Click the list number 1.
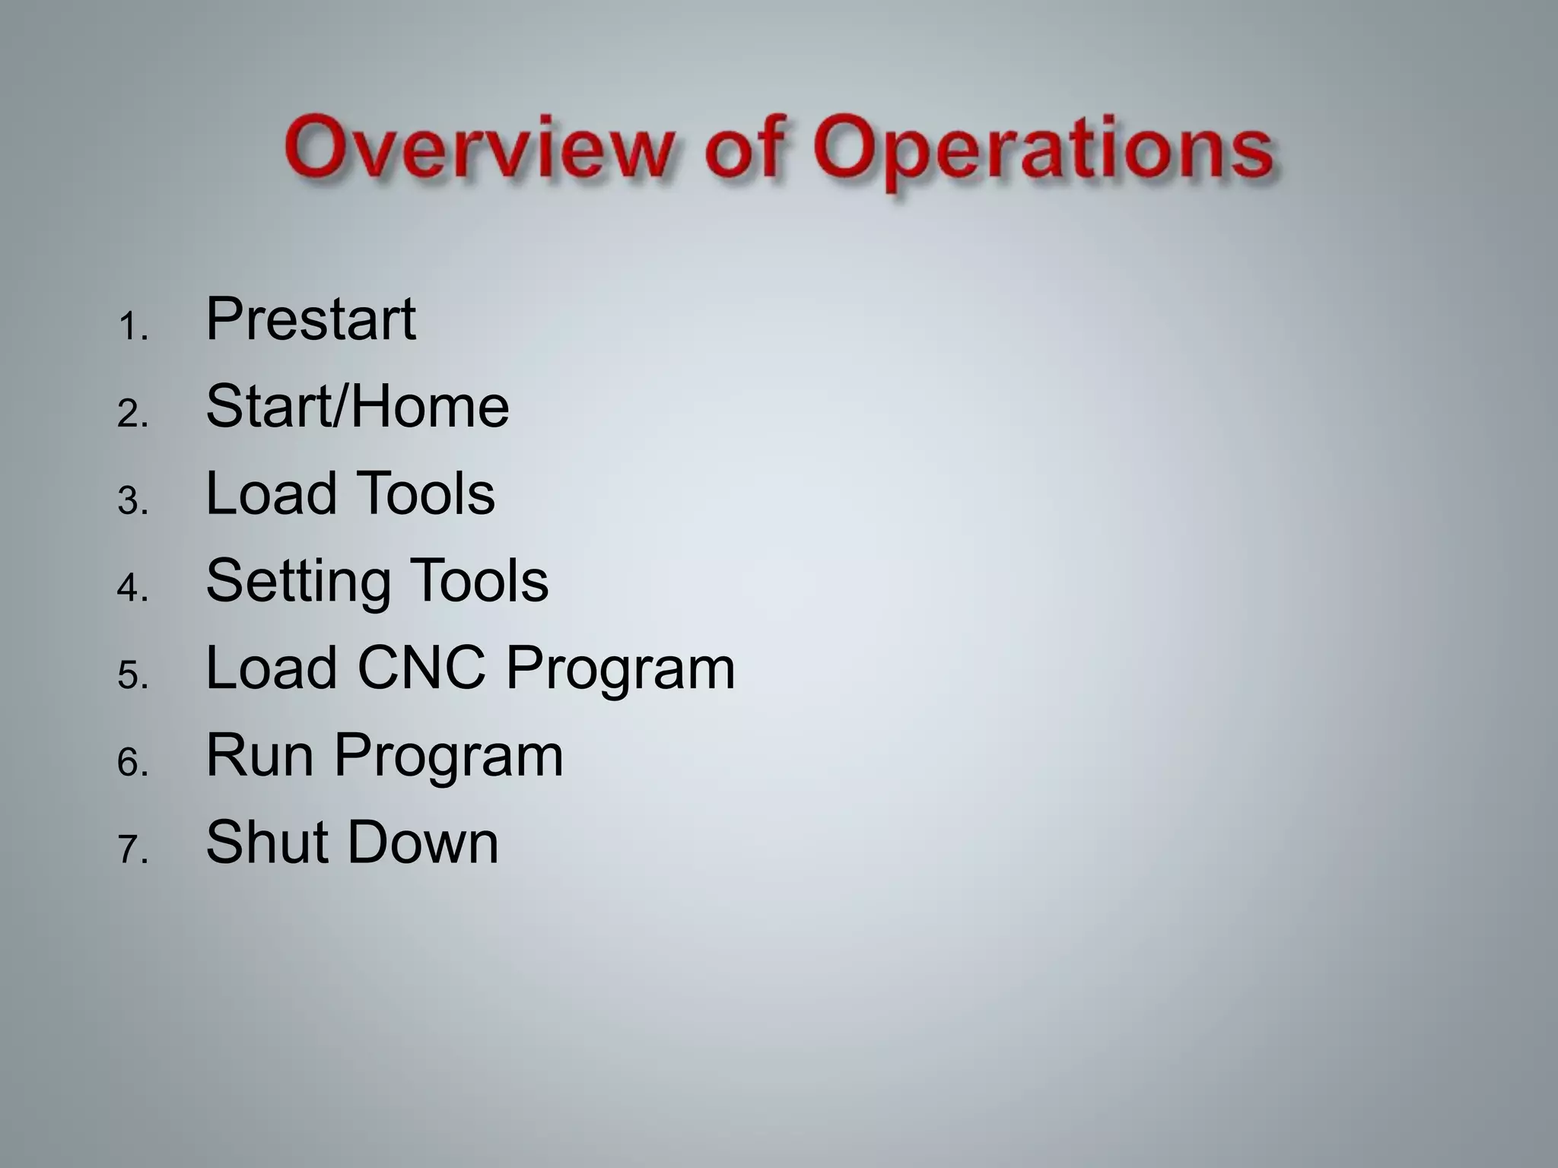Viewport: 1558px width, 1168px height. (131, 328)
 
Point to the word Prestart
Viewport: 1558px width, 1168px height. (310, 319)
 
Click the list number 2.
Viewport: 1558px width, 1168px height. (131, 415)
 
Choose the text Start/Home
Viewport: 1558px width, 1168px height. (357, 407)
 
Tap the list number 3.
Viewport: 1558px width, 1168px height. (131, 503)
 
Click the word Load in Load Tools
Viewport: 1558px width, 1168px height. (271, 494)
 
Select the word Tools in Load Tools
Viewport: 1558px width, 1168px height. (426, 494)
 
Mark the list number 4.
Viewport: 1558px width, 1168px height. (131, 589)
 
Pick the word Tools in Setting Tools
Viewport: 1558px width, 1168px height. (479, 581)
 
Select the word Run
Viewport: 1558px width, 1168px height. (259, 756)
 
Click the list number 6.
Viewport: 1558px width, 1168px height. (131, 763)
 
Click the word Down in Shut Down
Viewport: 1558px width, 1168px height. (423, 843)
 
